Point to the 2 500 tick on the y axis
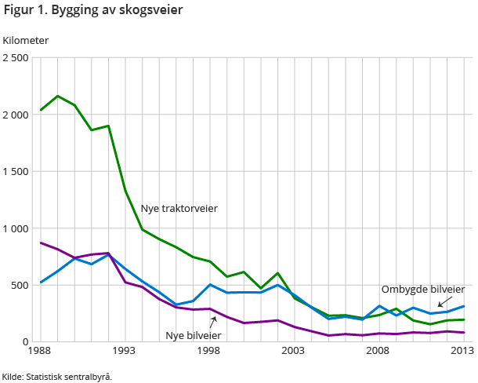[x=16, y=58]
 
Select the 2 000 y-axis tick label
[x=16, y=115]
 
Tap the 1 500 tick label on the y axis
[x=16, y=171]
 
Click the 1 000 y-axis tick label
[x=16, y=228]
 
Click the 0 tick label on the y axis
[x=26, y=342]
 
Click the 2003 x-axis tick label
[x=294, y=351]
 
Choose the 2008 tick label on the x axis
[x=380, y=351]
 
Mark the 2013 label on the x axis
[x=462, y=351]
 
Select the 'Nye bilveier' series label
[x=193, y=335]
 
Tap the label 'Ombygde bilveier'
[x=423, y=289]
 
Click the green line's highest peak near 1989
[x=58, y=96]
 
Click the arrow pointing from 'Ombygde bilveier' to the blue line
[x=444, y=301]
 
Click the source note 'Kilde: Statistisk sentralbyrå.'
[x=57, y=376]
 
